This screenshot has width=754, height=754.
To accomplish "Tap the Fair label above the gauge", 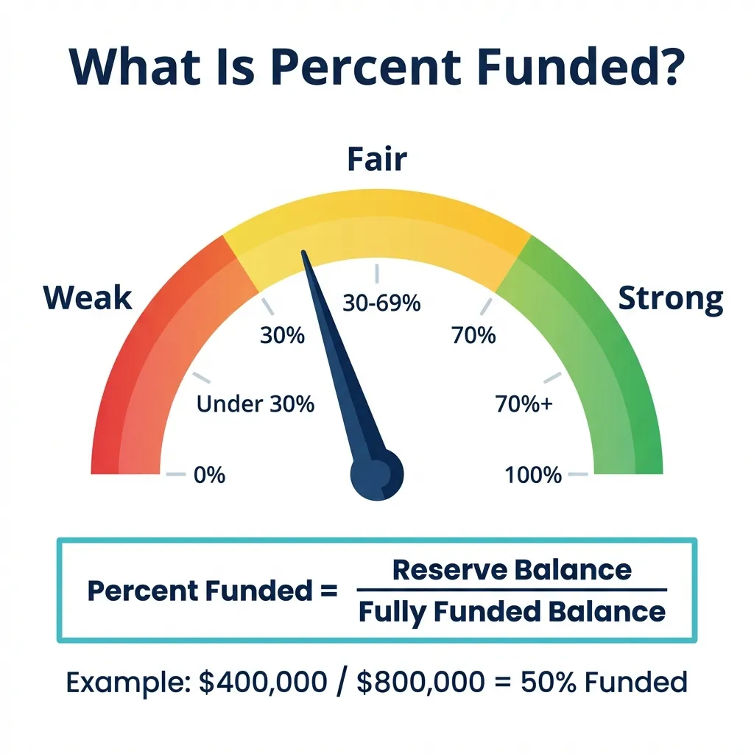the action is (x=377, y=159).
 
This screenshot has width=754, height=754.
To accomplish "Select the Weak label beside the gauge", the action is (x=88, y=297).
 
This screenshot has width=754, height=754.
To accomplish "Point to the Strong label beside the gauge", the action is (x=670, y=299).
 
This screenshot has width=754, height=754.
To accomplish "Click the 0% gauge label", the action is (x=209, y=475).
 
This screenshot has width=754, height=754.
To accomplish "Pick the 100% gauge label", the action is (x=533, y=475).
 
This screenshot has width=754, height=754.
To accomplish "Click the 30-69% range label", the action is (x=381, y=303).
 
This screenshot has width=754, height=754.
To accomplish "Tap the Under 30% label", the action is (x=256, y=404).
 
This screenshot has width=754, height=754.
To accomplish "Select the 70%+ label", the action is (x=524, y=404).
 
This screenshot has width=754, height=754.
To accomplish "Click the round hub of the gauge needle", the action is (x=377, y=475).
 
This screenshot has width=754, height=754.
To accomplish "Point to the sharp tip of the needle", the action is (x=303, y=250).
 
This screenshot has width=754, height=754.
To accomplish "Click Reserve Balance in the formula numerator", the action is (x=512, y=569).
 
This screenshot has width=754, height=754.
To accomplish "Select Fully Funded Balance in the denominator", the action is (x=512, y=612).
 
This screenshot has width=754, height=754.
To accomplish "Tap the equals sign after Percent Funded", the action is (x=328, y=590).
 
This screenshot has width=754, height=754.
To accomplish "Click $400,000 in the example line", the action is (x=263, y=682).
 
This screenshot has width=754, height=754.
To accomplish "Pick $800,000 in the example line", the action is (x=420, y=682).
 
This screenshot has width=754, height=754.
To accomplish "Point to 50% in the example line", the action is (x=548, y=682).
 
